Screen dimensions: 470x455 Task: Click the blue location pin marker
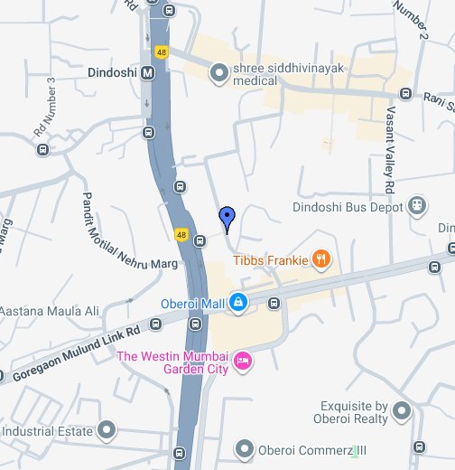(x=227, y=217)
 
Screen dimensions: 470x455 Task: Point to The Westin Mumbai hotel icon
(x=242, y=362)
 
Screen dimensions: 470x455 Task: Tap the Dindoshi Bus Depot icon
(x=416, y=206)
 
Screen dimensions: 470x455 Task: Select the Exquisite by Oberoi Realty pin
(x=402, y=413)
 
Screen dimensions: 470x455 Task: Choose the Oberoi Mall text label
(x=192, y=304)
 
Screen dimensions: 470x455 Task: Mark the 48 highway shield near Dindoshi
(x=162, y=53)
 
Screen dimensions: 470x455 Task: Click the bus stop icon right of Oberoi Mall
(x=274, y=303)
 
